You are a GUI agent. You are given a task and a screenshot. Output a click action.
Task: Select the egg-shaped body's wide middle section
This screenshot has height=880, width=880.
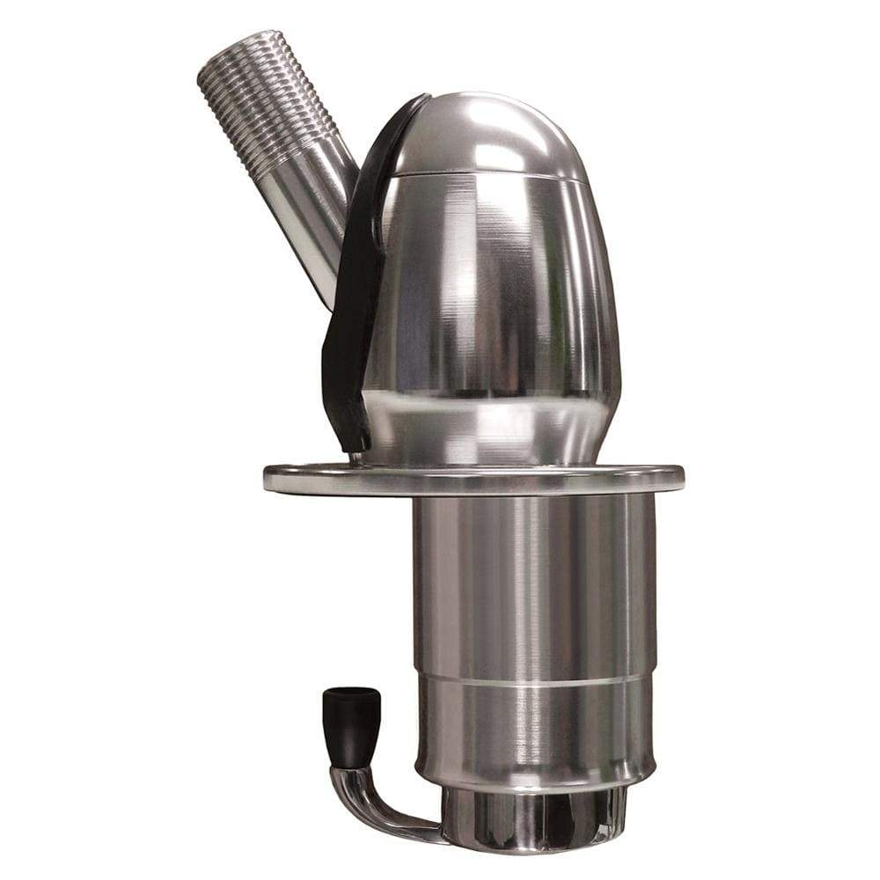click(x=493, y=290)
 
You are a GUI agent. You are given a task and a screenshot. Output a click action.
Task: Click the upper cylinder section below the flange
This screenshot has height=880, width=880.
click(x=532, y=581)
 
